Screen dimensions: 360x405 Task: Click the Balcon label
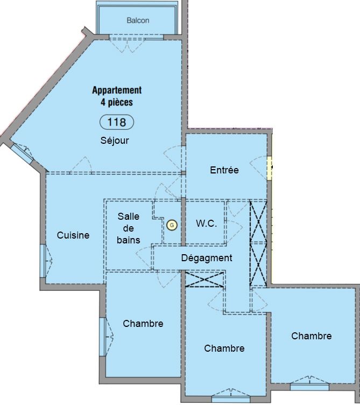pyautogui.click(x=138, y=20)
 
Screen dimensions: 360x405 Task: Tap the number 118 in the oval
pyautogui.click(x=117, y=122)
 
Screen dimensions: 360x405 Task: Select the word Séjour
pyautogui.click(x=115, y=140)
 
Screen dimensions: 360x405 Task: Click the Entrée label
pyautogui.click(x=224, y=170)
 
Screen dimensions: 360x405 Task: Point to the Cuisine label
pyautogui.click(x=73, y=235)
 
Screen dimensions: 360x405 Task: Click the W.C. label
pyautogui.click(x=207, y=224)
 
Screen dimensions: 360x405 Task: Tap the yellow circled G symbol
pyautogui.click(x=172, y=225)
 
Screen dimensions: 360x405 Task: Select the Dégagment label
pyautogui.click(x=207, y=258)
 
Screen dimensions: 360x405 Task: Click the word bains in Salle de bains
pyautogui.click(x=128, y=240)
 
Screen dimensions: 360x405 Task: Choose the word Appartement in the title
pyautogui.click(x=117, y=90)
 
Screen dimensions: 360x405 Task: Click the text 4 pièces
pyautogui.click(x=117, y=102)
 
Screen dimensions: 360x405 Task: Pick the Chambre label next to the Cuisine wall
pyautogui.click(x=143, y=323)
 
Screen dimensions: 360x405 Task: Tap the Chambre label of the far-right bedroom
pyautogui.click(x=312, y=336)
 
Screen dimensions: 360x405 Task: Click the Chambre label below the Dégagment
pyautogui.click(x=224, y=348)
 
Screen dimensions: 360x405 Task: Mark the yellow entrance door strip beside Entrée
pyautogui.click(x=270, y=168)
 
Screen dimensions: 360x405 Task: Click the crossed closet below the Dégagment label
pyautogui.click(x=204, y=280)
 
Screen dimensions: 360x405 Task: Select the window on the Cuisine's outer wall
pyautogui.click(x=43, y=261)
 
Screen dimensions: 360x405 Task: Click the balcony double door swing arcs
pyautogui.click(x=127, y=46)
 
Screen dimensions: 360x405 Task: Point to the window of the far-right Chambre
pyautogui.click(x=309, y=387)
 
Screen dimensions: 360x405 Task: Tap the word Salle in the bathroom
pyautogui.click(x=128, y=216)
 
